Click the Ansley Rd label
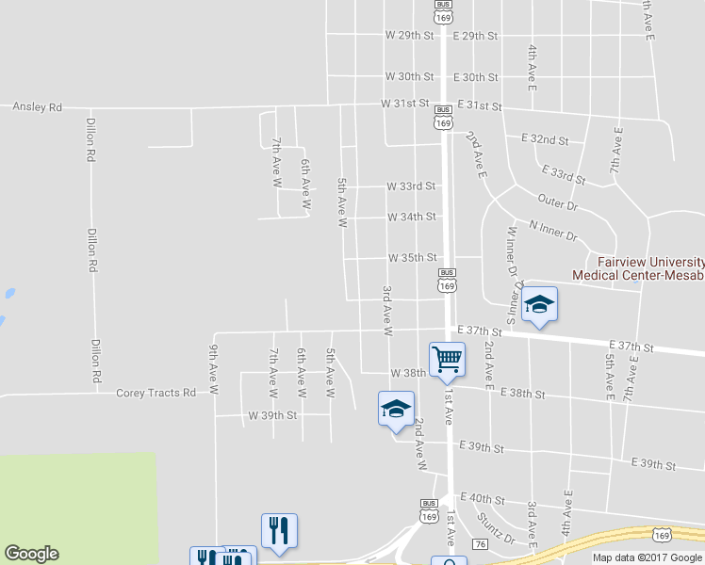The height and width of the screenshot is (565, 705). pyautogui.click(x=37, y=107)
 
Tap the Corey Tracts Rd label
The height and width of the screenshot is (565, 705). pyautogui.click(x=156, y=393)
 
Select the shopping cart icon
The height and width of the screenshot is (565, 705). pyautogui.click(x=447, y=359)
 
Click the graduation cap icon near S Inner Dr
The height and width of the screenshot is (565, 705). pyautogui.click(x=539, y=304)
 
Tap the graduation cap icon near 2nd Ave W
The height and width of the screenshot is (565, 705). pyautogui.click(x=396, y=409)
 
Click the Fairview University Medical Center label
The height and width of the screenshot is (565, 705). pyautogui.click(x=638, y=267)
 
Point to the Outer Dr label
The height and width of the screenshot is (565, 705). pyautogui.click(x=556, y=201)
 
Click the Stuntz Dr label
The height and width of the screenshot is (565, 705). pyautogui.click(x=496, y=526)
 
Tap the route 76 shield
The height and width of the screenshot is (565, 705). pyautogui.click(x=480, y=544)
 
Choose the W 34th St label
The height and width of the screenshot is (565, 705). pyautogui.click(x=412, y=217)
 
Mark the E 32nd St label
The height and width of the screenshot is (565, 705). pyautogui.click(x=545, y=139)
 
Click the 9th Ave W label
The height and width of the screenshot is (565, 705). pyautogui.click(x=215, y=369)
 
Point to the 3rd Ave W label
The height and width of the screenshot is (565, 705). pyautogui.click(x=387, y=311)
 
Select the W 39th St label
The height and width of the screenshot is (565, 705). pyautogui.click(x=272, y=414)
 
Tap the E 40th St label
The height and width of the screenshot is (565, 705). pyautogui.click(x=483, y=498)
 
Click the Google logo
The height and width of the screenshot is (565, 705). pyautogui.click(x=31, y=554)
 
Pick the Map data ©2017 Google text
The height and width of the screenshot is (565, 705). pyautogui.click(x=647, y=557)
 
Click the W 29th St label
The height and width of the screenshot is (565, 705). pyautogui.click(x=409, y=35)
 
